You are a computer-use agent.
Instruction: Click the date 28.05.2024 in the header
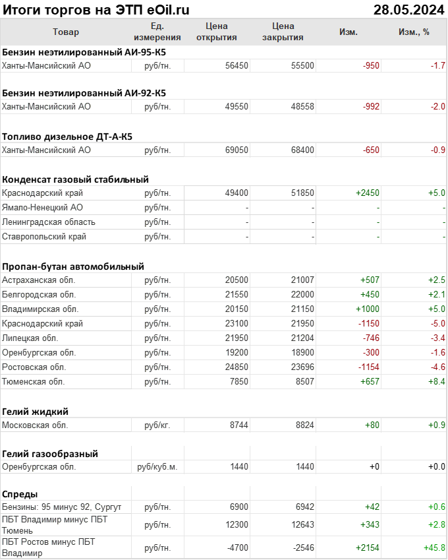click(408, 10)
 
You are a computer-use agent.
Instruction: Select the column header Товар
click(65, 32)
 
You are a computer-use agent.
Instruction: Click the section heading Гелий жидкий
click(36, 412)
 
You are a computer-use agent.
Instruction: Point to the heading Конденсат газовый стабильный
click(75, 179)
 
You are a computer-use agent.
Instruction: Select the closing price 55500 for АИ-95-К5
click(302, 65)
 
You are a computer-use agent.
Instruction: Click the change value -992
click(371, 107)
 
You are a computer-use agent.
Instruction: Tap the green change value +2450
click(368, 193)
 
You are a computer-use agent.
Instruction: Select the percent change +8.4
click(436, 381)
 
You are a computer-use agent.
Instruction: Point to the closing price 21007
click(302, 280)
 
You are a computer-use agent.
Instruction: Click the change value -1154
click(369, 367)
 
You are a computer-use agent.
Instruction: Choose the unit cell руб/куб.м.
click(157, 467)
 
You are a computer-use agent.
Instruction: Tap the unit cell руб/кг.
click(157, 425)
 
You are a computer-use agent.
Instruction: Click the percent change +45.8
click(434, 548)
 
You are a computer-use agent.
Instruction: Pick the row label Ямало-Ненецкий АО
click(42, 208)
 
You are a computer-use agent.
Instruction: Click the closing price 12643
click(302, 524)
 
